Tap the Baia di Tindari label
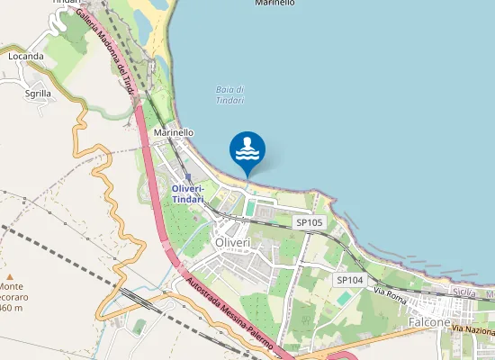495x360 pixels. [230, 94]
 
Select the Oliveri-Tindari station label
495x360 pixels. [188, 193]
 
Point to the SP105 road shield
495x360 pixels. [309, 221]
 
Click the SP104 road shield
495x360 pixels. [349, 281]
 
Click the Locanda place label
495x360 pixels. [26, 56]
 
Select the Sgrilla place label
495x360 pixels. [38, 93]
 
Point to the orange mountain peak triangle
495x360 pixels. [9, 276]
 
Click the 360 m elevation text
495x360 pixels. [11, 308]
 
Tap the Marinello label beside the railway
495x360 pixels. [174, 132]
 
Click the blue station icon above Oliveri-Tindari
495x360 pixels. [187, 177]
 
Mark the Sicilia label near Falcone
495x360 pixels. [464, 292]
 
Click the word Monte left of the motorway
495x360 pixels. [10, 285]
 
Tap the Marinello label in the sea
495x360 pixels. [274, 4]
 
